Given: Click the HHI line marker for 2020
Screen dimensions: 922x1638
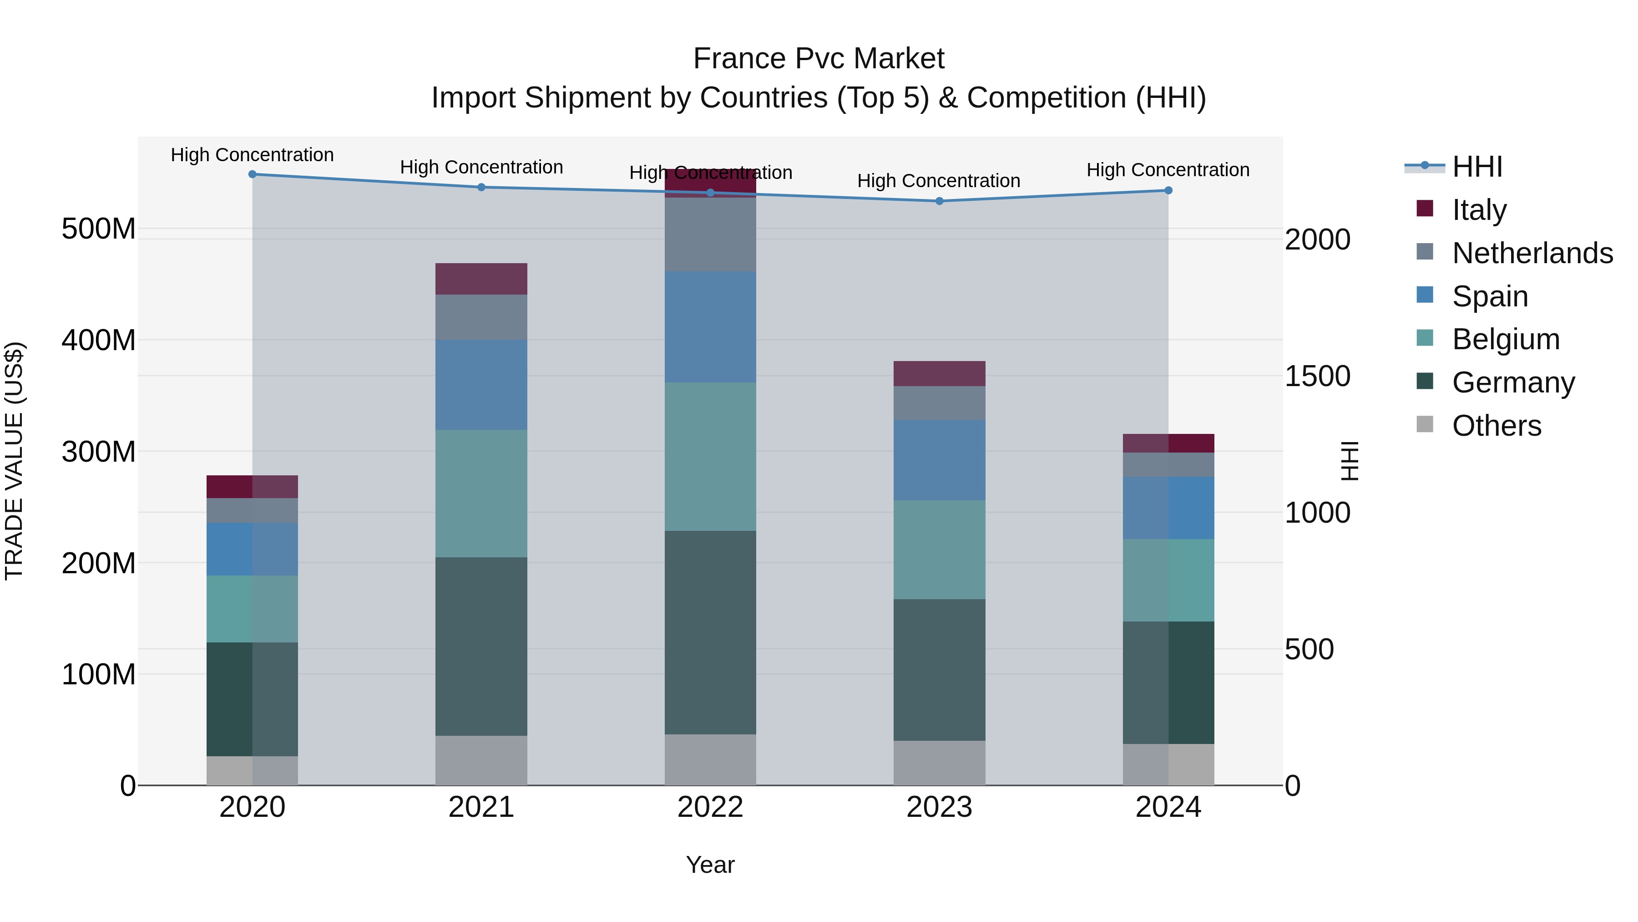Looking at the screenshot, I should coord(253,174).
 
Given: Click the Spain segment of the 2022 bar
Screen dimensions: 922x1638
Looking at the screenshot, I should coord(710,326).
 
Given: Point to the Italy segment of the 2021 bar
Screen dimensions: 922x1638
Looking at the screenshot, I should coord(481,279).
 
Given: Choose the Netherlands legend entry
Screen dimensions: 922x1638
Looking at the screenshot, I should coord(1531,253).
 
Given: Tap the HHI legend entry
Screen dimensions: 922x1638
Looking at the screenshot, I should coord(1476,167).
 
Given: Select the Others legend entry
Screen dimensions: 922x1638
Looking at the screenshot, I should coord(1496,425).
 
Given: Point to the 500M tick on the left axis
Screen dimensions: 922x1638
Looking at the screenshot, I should coord(99,229).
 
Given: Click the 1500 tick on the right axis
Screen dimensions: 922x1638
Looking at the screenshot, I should coord(1317,376).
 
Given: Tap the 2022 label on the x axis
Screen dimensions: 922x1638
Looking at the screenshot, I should coord(710,807).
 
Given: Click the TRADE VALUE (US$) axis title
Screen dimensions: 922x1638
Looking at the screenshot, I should coord(14,461).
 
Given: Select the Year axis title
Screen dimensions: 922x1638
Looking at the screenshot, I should coord(710,865).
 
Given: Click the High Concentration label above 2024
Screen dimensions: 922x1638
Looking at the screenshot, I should coord(1168,170).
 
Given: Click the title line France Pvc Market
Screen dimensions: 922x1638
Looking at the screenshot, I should coord(819,59).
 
